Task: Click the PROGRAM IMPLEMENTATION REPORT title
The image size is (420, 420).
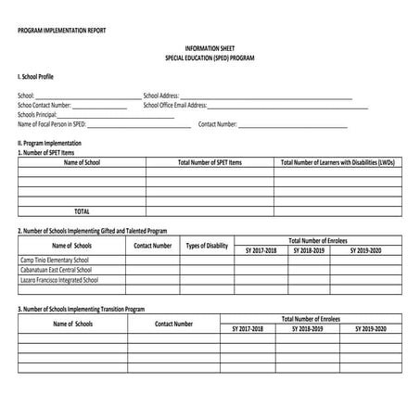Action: (61, 31)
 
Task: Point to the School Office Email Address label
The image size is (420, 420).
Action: (175, 105)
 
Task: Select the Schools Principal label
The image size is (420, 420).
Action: (45, 114)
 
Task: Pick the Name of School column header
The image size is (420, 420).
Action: (82, 161)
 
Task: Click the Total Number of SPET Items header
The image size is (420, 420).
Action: (210, 161)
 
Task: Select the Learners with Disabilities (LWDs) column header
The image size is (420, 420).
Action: (337, 161)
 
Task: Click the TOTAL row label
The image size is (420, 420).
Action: (82, 210)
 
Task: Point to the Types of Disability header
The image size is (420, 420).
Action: (207, 246)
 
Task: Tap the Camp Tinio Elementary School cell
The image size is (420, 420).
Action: (56, 260)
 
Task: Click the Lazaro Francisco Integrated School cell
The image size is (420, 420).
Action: (59, 279)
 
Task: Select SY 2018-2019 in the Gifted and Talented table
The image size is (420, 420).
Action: (309, 250)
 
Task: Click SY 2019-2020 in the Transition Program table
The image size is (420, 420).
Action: (368, 329)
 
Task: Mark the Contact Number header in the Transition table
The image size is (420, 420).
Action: (174, 324)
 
